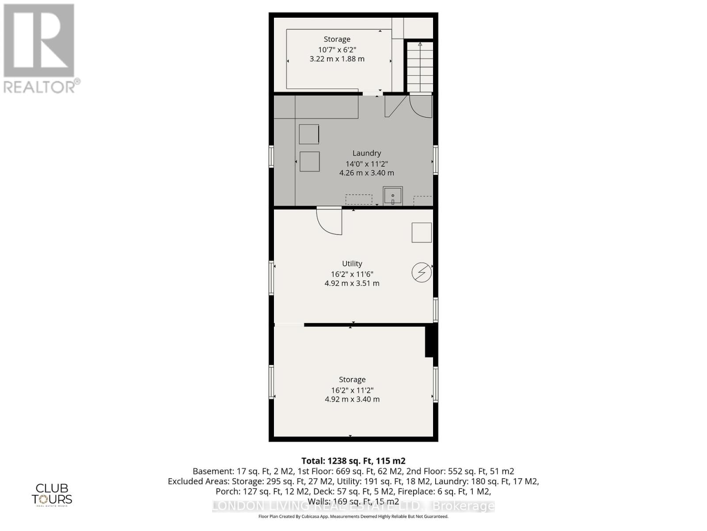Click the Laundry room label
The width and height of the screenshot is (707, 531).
click(x=366, y=153)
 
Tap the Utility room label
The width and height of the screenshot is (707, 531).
click(x=352, y=264)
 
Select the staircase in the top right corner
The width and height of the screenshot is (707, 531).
click(x=420, y=66)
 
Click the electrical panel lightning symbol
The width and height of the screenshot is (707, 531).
click(x=422, y=272)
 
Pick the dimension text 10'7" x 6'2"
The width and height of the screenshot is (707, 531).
click(x=337, y=50)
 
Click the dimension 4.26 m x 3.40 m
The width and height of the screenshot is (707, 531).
click(x=366, y=173)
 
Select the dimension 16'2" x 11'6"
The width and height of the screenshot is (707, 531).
click(x=352, y=274)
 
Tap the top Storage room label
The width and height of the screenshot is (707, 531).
click(x=337, y=39)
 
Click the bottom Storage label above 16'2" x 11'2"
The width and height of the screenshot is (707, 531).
click(x=352, y=380)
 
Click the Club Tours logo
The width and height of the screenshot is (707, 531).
click(x=52, y=494)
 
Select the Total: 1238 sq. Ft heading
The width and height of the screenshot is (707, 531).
click(x=353, y=461)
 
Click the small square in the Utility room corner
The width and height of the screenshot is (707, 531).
click(x=422, y=232)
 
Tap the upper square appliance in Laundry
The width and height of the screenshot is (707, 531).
click(x=309, y=134)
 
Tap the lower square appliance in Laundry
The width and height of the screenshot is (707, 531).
click(x=309, y=162)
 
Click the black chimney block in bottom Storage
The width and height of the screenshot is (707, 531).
click(x=429, y=341)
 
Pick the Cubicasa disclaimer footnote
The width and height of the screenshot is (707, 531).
click(x=353, y=516)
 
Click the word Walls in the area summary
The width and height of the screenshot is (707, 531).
click(x=318, y=502)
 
